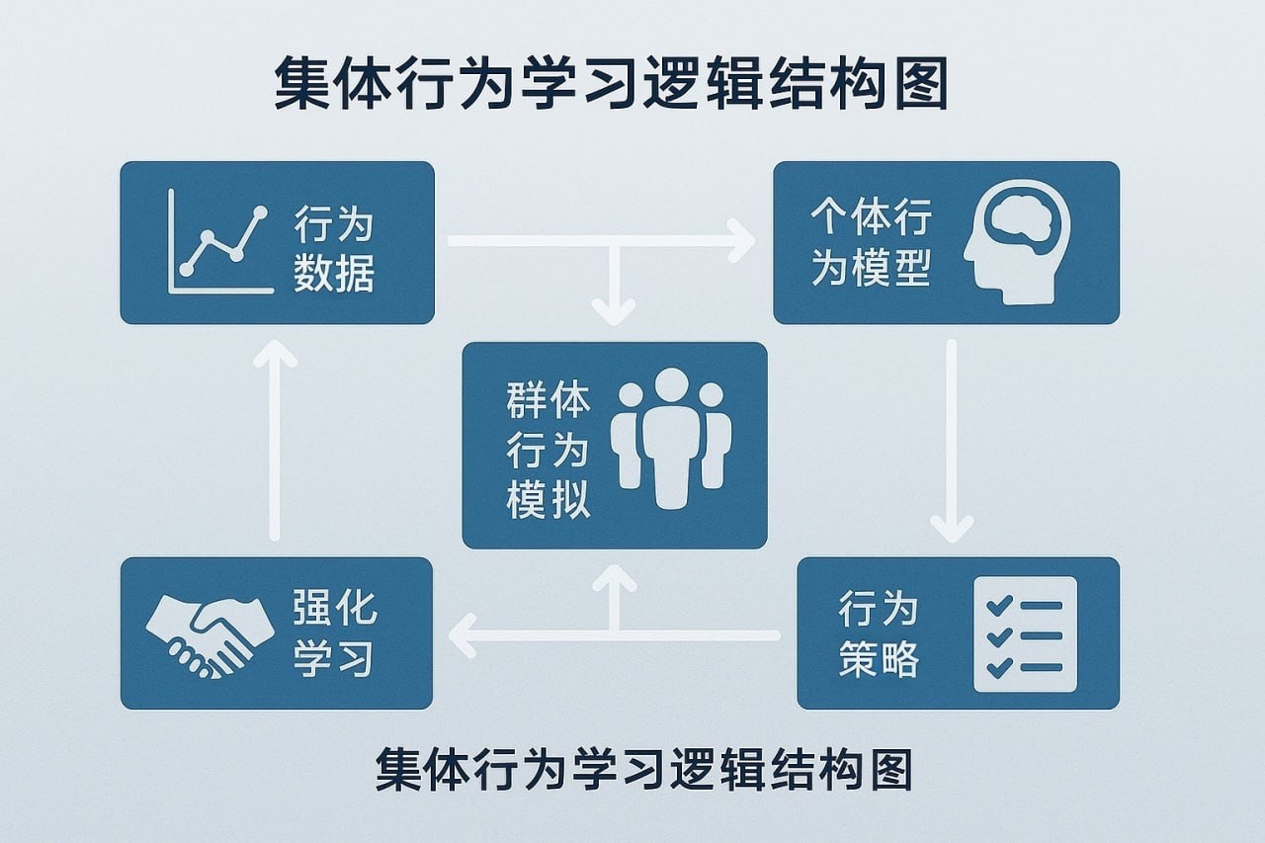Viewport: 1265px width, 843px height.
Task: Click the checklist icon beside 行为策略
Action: pos(1025,633)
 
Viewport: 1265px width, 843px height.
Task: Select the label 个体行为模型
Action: pos(871,242)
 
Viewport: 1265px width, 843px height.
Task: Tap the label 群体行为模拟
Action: pos(548,451)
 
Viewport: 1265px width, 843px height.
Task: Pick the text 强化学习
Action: pos(334,632)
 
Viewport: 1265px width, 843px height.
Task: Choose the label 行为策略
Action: pos(879,633)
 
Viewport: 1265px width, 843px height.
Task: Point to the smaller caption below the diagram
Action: pos(643,770)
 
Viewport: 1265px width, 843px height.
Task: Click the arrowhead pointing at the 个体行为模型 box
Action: pos(739,241)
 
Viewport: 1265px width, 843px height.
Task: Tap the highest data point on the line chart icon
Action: pos(261,212)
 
